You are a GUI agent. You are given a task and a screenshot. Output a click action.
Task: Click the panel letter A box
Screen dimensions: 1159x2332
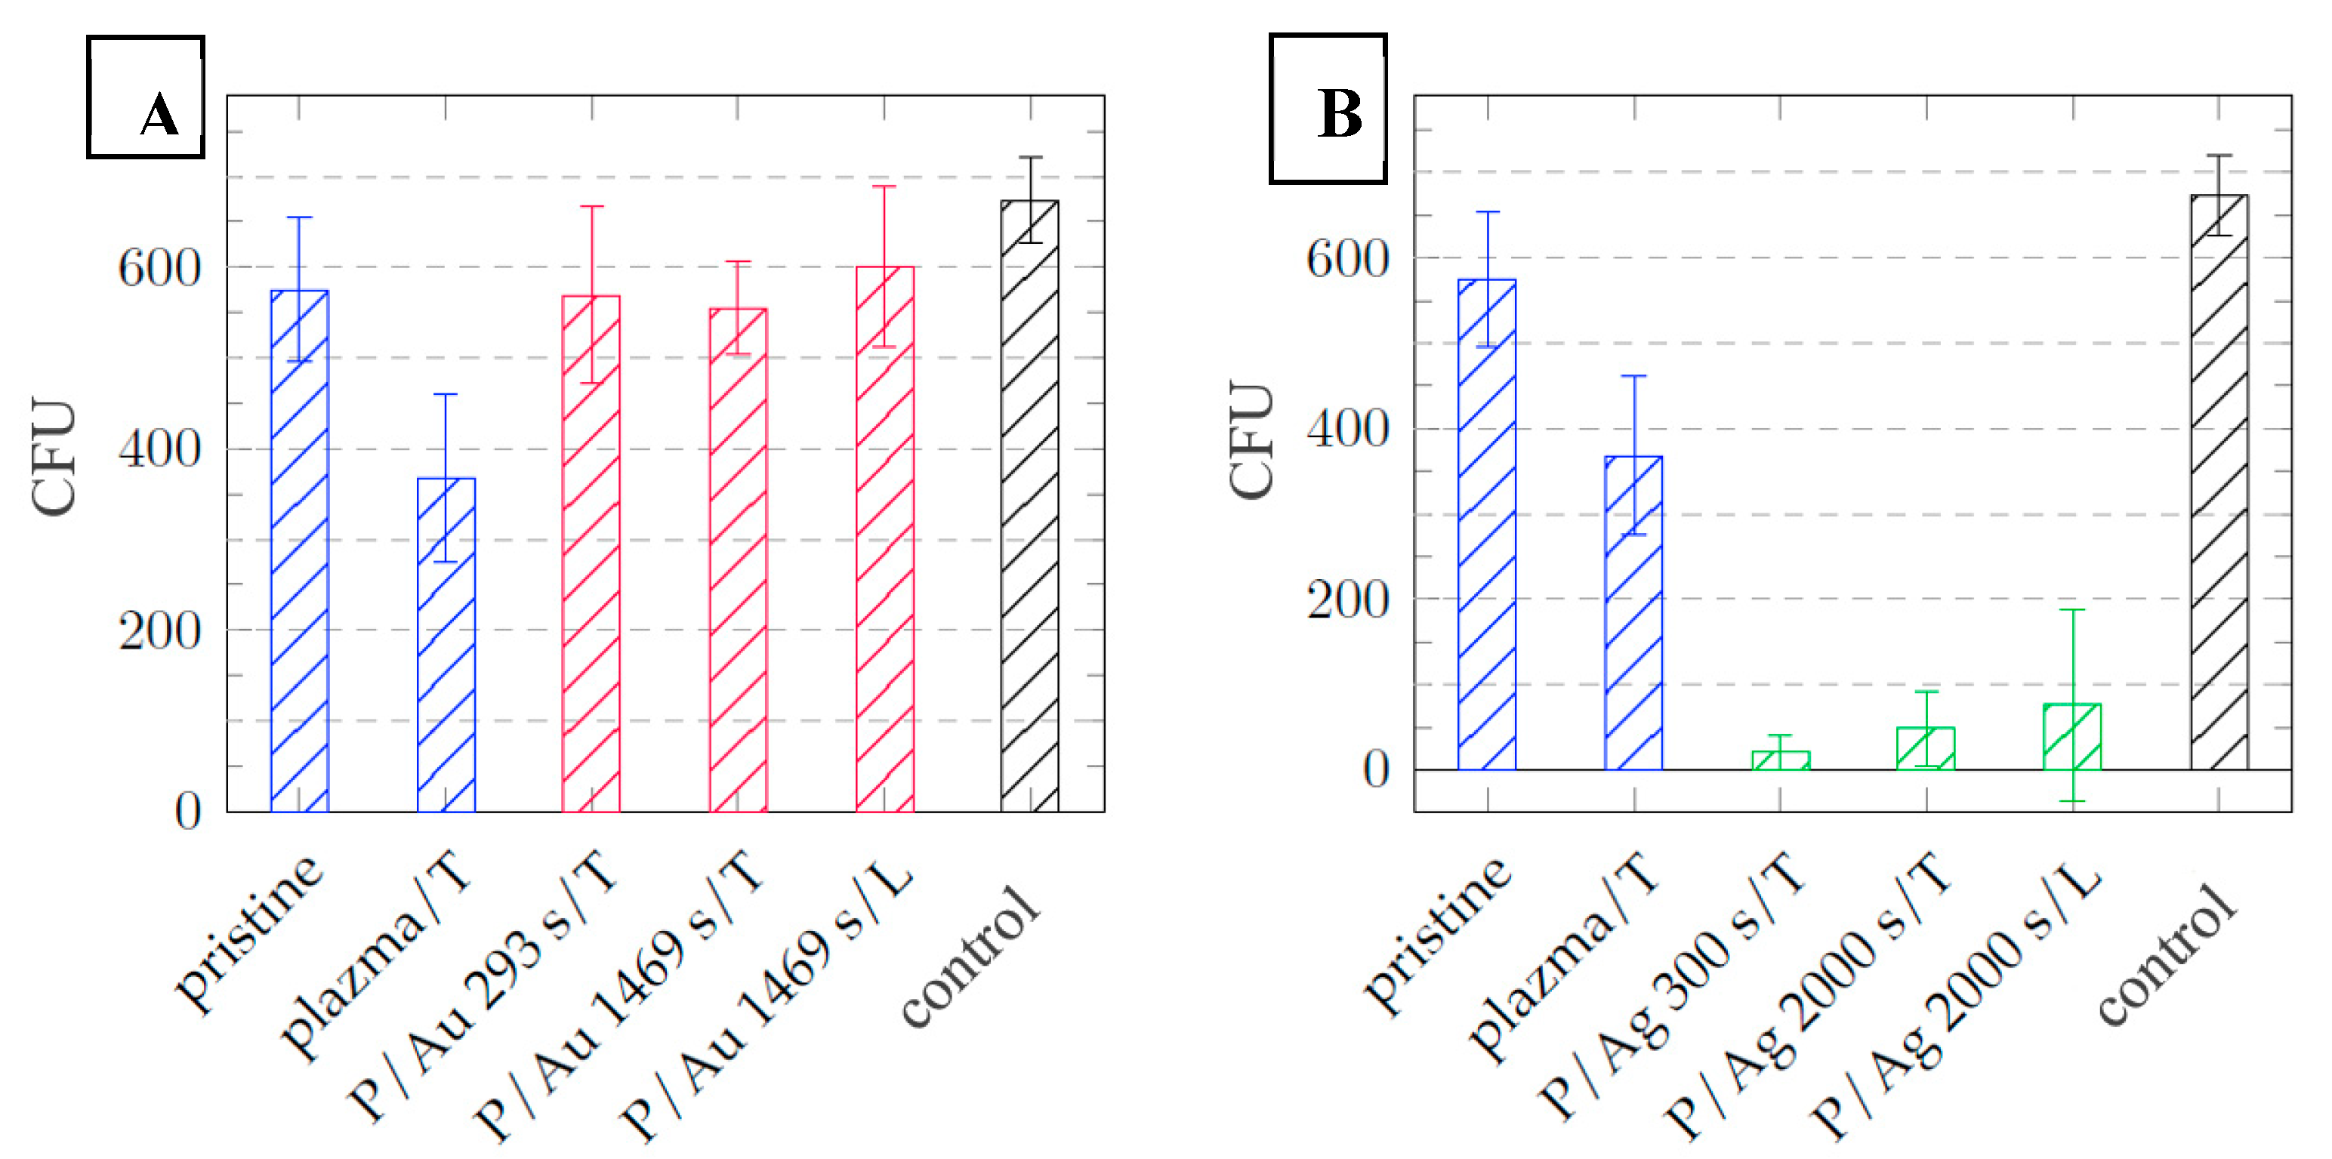[x=146, y=97]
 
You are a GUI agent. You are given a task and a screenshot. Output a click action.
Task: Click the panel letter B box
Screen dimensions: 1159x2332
[x=1327, y=109]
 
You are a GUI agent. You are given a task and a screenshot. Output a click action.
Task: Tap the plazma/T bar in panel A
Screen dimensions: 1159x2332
[x=446, y=645]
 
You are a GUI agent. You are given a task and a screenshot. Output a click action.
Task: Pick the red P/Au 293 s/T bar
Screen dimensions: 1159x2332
[x=591, y=553]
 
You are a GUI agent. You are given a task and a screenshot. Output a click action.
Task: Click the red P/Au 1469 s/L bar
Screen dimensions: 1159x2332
[x=884, y=539]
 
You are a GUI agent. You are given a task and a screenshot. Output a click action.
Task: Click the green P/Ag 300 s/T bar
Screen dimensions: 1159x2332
[x=1781, y=760]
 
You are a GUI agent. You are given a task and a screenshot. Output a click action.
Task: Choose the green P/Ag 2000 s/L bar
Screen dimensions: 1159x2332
[x=2072, y=737]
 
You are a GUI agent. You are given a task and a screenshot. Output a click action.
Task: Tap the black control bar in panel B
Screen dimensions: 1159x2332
[x=2219, y=482]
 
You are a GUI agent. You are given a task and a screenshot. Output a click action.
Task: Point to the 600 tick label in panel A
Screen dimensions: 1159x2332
[x=159, y=268]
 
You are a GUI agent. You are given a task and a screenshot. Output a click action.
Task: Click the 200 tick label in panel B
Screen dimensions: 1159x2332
[x=1347, y=600]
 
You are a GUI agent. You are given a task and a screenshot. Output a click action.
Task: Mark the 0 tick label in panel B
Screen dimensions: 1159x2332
[x=1375, y=769]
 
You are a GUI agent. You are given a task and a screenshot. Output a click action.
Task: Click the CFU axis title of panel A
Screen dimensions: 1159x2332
[x=54, y=456]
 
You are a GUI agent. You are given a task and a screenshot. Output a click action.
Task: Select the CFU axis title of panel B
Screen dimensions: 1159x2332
[x=1252, y=440]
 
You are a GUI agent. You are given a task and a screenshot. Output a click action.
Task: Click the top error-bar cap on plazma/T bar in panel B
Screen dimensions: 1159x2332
[x=1634, y=376]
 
